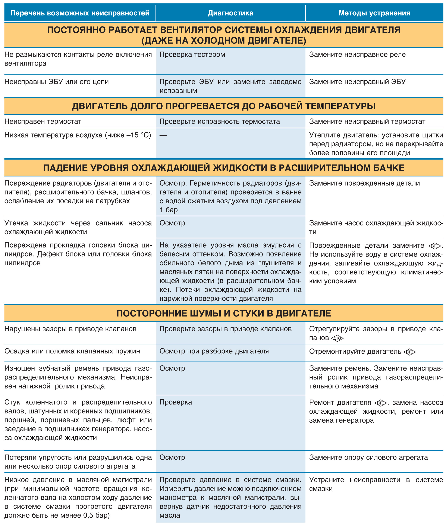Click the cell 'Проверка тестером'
click(x=192, y=55)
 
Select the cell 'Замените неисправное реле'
click(x=357, y=55)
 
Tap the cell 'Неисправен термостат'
click(x=43, y=122)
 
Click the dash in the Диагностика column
click(x=163, y=135)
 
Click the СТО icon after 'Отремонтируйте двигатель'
click(x=410, y=352)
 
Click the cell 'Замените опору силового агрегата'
click(x=368, y=457)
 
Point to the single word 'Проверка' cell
click(x=176, y=402)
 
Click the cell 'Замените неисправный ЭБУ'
click(x=357, y=82)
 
